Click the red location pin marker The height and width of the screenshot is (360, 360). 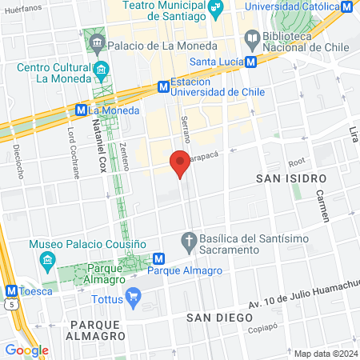pyautogui.click(x=180, y=163)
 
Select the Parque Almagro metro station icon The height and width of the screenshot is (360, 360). pyautogui.click(x=159, y=258)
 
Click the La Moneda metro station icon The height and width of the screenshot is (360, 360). pyautogui.click(x=81, y=110)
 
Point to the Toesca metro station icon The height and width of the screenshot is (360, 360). pyautogui.click(x=11, y=290)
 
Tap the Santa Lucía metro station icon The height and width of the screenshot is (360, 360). pyautogui.click(x=251, y=62)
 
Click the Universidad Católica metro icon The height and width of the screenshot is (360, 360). pyautogui.click(x=346, y=7)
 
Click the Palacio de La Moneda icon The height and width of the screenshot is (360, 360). pyautogui.click(x=97, y=42)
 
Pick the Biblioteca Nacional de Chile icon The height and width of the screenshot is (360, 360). pyautogui.click(x=251, y=38)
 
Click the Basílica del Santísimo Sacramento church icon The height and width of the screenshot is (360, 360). pyautogui.click(x=190, y=239)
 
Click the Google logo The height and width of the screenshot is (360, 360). pyautogui.click(x=26, y=350)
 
